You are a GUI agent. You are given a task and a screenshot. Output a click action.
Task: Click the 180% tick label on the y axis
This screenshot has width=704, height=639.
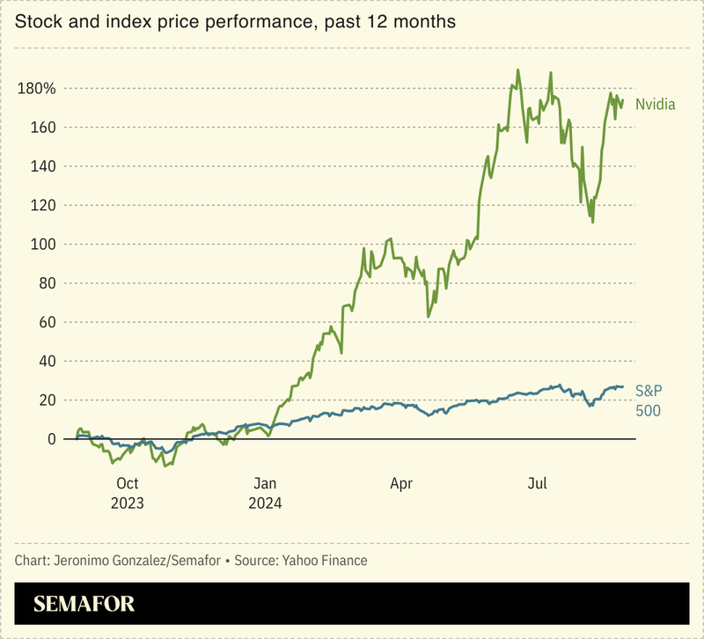point(36,89)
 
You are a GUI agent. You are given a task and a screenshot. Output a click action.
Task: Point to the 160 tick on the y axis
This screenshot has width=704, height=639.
point(43,128)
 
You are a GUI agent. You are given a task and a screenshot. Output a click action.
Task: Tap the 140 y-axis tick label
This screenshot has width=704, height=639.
point(43,166)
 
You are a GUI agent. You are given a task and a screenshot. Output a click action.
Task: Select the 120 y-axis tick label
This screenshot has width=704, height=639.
point(43,205)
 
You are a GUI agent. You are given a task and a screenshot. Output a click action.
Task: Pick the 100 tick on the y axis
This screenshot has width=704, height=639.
point(43,244)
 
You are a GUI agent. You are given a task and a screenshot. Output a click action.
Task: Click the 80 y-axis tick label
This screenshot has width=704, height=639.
point(47,283)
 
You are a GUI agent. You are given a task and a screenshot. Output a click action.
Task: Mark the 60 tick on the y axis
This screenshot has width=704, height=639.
point(47,322)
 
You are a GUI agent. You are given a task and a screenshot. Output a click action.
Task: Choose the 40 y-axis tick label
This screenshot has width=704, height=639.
point(47,361)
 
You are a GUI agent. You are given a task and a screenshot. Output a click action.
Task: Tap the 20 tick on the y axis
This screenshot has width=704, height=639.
point(47,400)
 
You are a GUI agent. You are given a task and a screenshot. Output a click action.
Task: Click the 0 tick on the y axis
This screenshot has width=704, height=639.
point(51,438)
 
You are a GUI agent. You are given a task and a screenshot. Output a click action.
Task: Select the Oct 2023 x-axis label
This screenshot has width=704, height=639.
point(128,493)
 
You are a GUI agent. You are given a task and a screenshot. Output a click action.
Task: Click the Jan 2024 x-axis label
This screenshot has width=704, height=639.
point(265,493)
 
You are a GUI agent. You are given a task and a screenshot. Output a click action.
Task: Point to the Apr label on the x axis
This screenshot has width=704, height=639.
point(401,483)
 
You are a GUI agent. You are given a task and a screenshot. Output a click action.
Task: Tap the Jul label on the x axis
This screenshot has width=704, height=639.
point(538,483)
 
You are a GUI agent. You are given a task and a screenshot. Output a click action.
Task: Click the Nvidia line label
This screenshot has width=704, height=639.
point(655,104)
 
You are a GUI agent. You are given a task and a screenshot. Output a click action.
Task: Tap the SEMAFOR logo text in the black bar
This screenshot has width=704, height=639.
point(84,605)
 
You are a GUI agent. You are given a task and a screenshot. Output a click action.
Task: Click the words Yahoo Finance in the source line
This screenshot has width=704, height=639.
point(323,561)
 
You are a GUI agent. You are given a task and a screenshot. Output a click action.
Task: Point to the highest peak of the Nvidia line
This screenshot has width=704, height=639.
point(517,70)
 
